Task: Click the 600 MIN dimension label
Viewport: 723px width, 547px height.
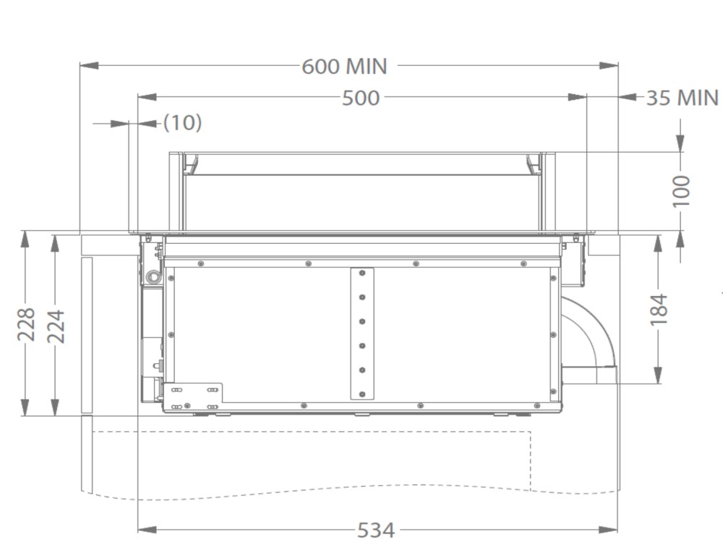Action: pos(344,67)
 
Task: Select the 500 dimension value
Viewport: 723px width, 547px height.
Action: pos(361,98)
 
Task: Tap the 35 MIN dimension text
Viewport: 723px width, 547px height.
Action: pos(683,98)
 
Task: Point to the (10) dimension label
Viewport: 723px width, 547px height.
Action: pos(183,122)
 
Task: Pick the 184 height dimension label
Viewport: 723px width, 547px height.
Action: pos(659,309)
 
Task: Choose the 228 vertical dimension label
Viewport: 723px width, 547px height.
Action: pos(26,324)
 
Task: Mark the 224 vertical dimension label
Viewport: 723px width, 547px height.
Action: pos(56,326)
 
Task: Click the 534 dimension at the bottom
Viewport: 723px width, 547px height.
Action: pos(376,530)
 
